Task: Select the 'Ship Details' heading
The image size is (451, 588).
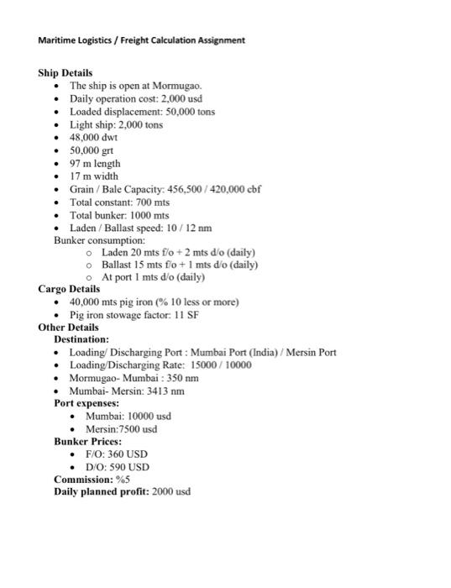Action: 66,73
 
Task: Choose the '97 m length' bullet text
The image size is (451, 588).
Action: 95,164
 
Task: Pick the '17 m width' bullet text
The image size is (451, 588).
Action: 94,176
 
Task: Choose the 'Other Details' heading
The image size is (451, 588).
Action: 68,327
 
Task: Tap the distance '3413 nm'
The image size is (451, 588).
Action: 165,391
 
